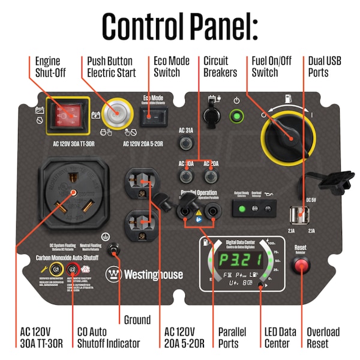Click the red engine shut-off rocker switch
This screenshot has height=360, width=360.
(x=68, y=115)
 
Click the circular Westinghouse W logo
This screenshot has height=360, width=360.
(x=113, y=274)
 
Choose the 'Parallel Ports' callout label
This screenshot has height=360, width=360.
(x=228, y=338)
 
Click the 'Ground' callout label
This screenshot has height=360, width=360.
(x=137, y=319)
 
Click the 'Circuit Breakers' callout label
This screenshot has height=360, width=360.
(x=220, y=67)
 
